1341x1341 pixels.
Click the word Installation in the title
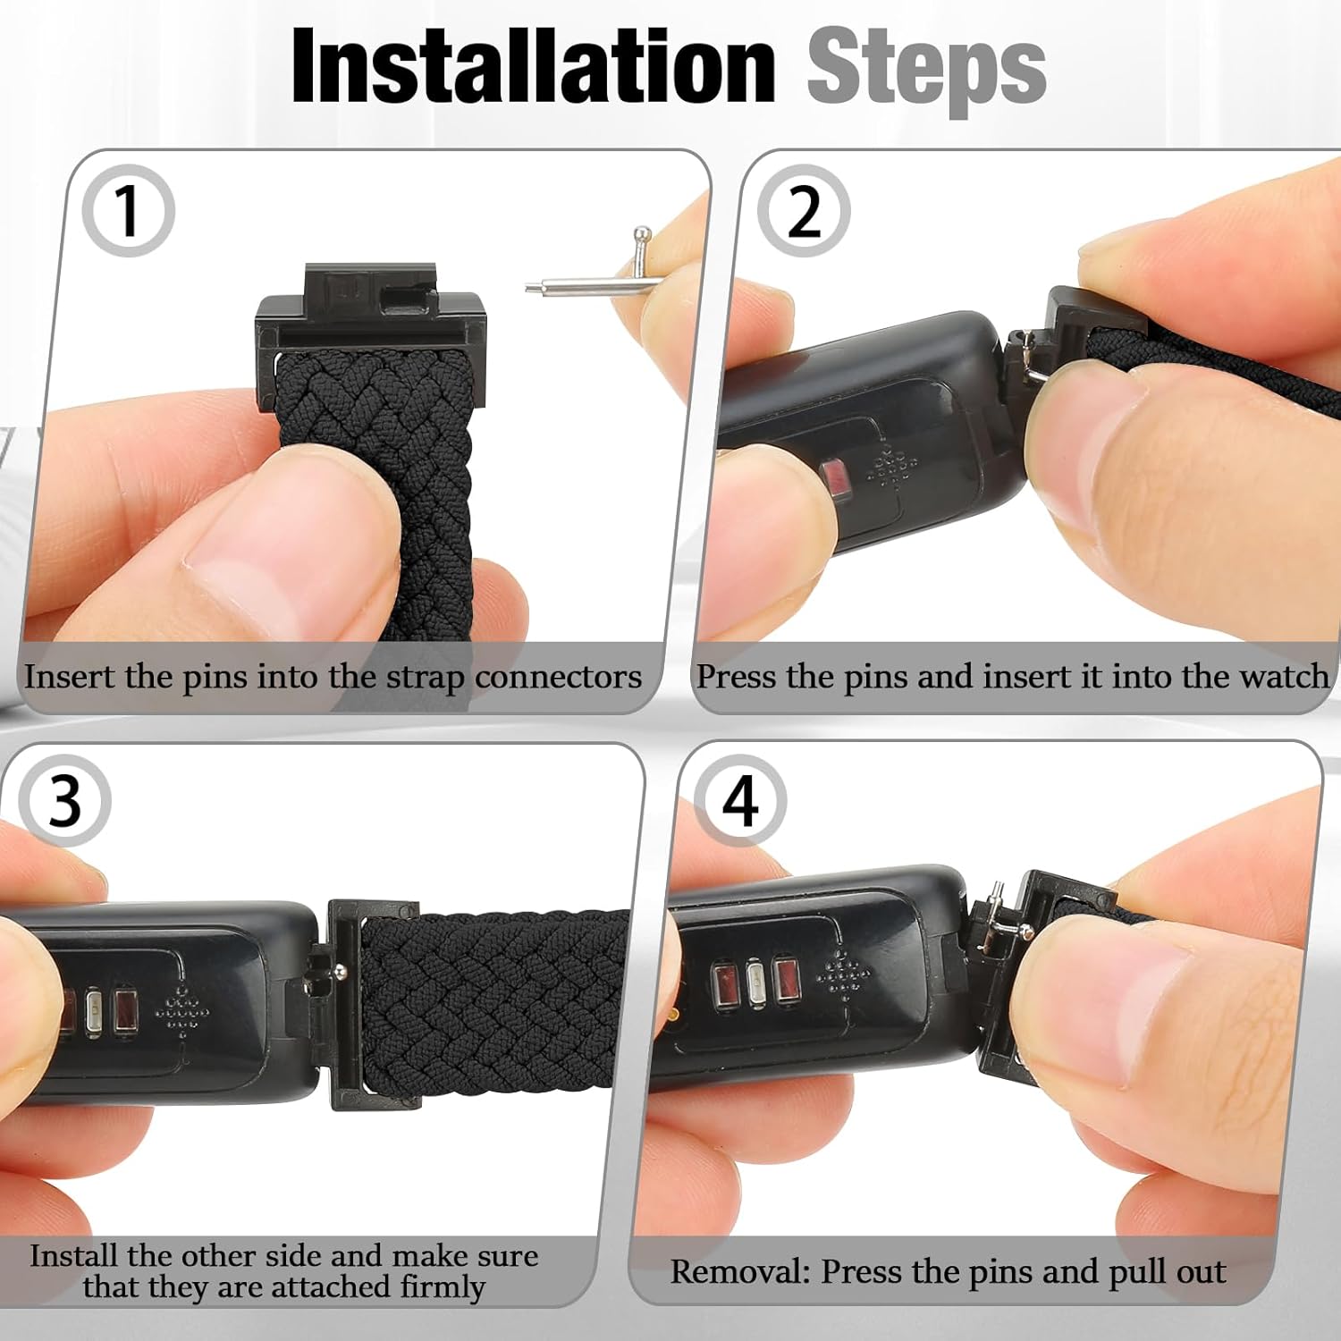point(533,68)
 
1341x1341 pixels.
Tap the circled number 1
point(128,211)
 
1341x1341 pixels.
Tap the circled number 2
point(803,211)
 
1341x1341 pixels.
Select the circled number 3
point(64,801)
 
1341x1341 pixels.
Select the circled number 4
point(740,801)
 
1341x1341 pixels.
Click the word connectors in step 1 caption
point(558,677)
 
